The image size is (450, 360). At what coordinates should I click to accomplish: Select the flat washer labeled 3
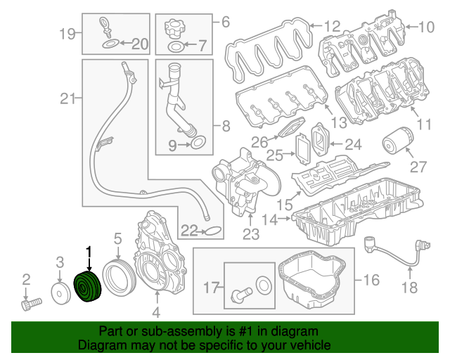click(x=60, y=293)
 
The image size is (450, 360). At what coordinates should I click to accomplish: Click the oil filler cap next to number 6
click(x=174, y=30)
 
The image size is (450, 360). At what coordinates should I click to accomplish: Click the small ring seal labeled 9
click(x=199, y=145)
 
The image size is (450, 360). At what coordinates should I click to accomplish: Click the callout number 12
click(x=331, y=27)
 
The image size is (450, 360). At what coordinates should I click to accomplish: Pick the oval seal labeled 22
click(x=213, y=231)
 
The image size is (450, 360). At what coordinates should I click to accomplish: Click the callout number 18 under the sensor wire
click(x=409, y=287)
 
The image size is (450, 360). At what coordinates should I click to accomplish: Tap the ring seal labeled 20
click(x=111, y=45)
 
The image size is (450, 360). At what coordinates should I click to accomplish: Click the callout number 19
click(x=67, y=32)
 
